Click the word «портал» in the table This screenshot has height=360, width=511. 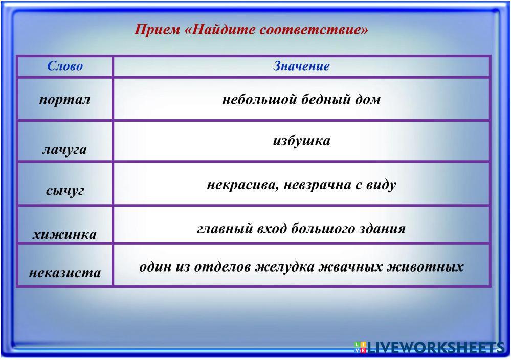tap(64, 100)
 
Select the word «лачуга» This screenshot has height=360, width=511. tap(64, 150)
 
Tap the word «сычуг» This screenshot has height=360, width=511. tap(65, 191)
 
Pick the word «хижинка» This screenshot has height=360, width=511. tap(64, 235)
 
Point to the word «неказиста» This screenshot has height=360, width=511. tap(65, 273)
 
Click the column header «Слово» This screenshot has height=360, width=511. tap(65, 66)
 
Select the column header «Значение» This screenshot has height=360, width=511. tap(301, 66)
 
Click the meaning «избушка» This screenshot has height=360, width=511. tap(301, 141)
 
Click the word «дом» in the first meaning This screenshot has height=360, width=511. tap(368, 99)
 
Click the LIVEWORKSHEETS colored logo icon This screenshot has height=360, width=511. tap(360, 347)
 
